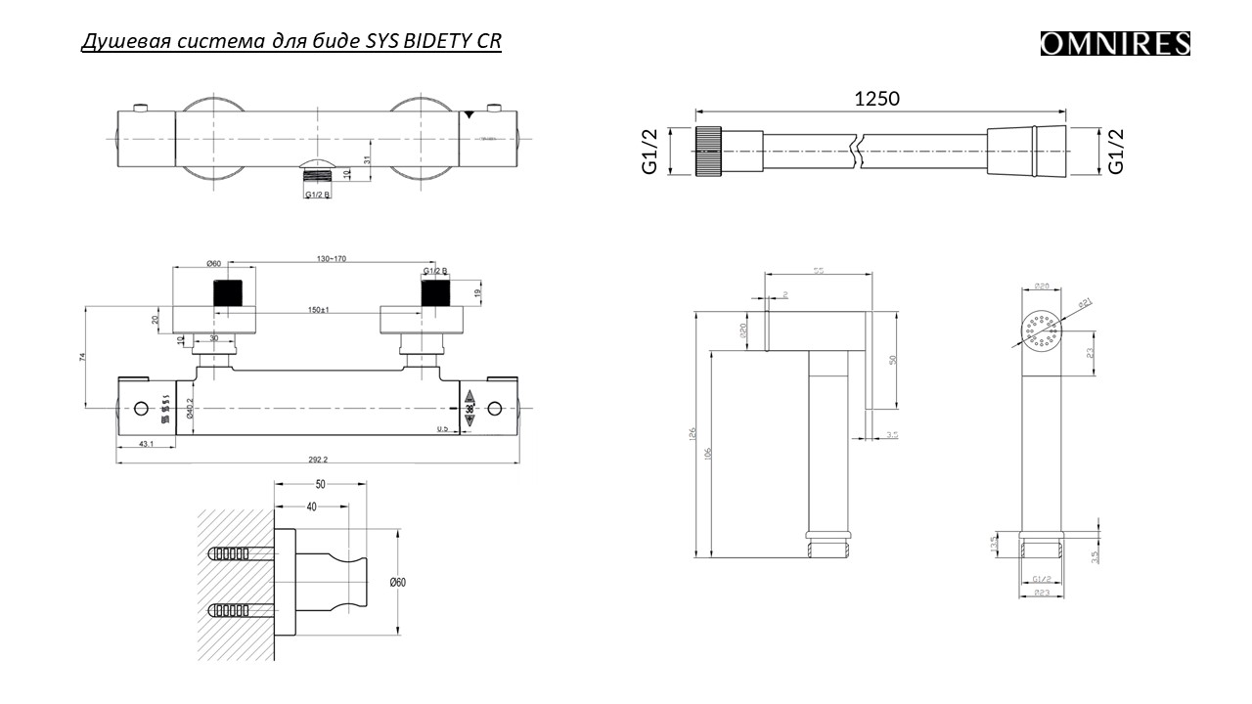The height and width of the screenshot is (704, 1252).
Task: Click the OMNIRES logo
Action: pos(1115,44)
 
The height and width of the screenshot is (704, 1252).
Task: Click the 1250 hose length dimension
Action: pos(876,98)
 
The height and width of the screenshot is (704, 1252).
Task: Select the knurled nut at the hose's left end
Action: pos(708,152)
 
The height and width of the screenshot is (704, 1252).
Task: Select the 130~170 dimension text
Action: pos(331,258)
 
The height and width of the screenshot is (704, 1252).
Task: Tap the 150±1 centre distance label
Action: pos(319,311)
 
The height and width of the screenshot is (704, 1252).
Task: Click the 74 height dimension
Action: pos(82,358)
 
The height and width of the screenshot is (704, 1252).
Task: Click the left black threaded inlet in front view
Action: pos(228,292)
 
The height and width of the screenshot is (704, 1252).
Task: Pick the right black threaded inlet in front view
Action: pos(434,292)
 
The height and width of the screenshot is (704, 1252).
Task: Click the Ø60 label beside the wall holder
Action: pos(397,582)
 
